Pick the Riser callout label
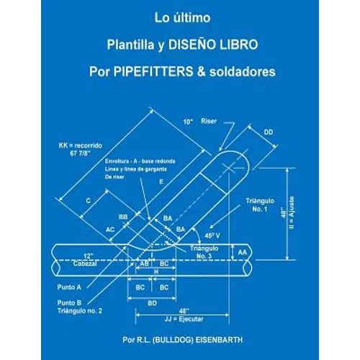pyautogui.click(x=210, y=122)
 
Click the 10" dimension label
pyautogui.click(x=187, y=122)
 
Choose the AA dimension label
pyautogui.click(x=263, y=252)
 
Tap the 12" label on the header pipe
pyautogui.click(x=87, y=256)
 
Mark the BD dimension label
pyautogui.click(x=153, y=303)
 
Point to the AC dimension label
pyautogui.click(x=110, y=229)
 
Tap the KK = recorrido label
pyautogui.click(x=81, y=145)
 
